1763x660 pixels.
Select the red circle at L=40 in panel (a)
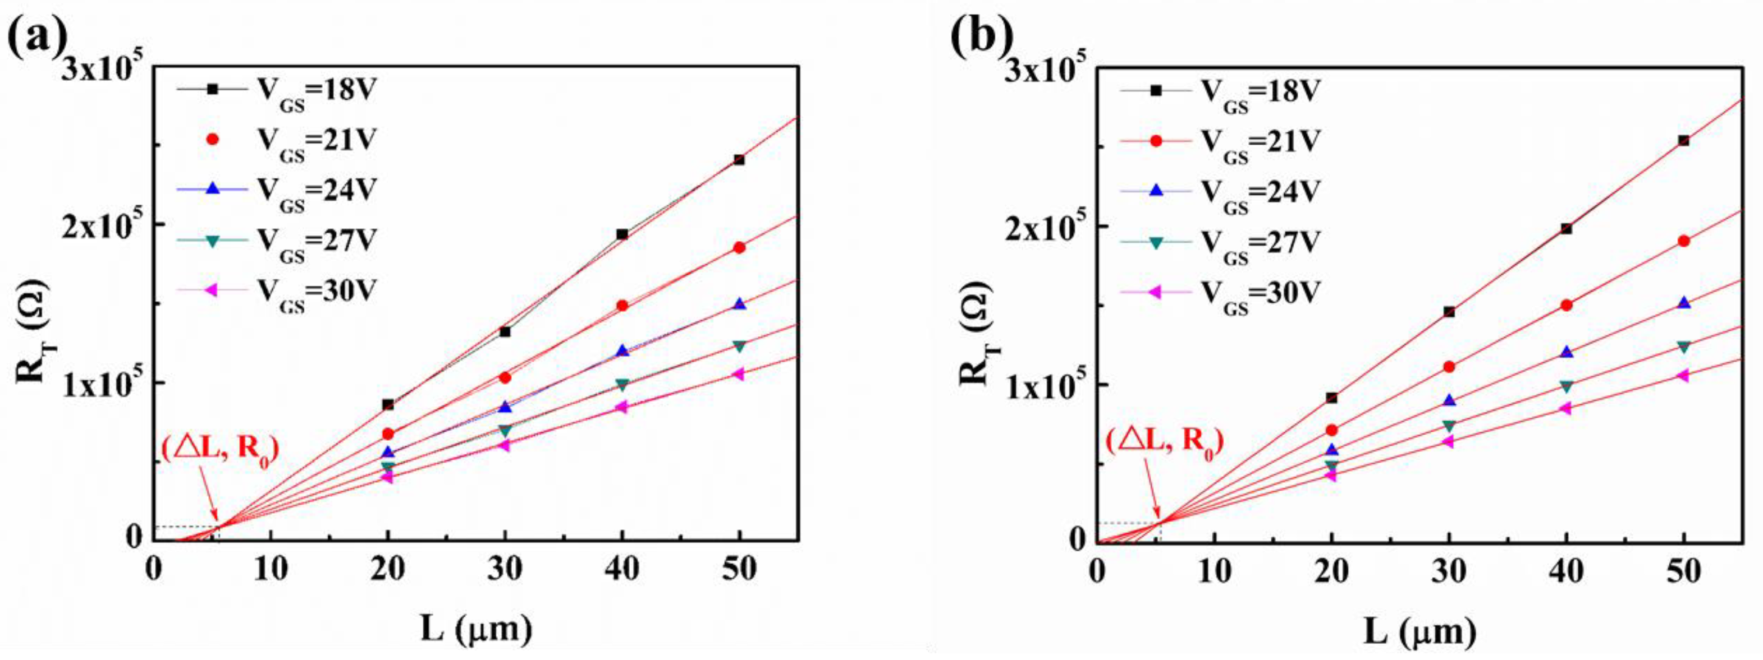pos(622,306)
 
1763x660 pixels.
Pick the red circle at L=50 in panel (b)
pos(1684,241)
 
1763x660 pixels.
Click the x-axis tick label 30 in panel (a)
pos(505,569)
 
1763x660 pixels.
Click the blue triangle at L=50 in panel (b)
pos(1684,302)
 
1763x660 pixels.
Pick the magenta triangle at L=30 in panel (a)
pos(505,445)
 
